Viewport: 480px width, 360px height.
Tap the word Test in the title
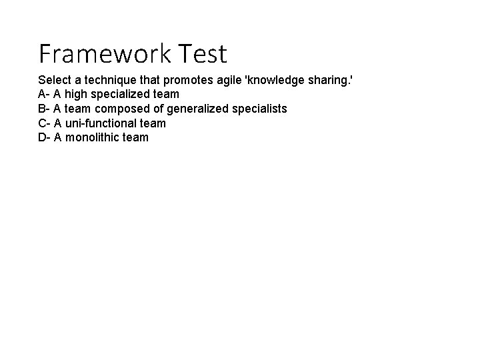point(203,53)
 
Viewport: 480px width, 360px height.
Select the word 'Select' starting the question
point(55,79)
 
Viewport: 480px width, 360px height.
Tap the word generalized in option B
point(195,109)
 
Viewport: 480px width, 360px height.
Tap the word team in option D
point(137,138)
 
